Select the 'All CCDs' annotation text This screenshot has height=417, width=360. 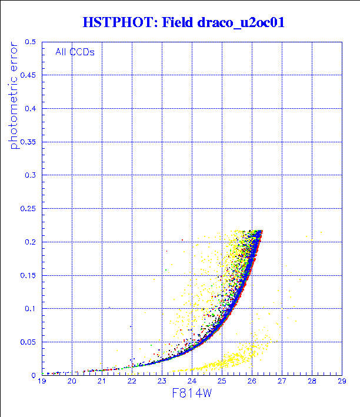[x=75, y=51]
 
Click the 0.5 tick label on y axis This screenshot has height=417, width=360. [x=31, y=42]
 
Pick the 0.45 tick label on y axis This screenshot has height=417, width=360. [x=28, y=75]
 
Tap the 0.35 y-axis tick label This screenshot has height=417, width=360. [x=28, y=142]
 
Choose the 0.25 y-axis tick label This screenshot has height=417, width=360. [x=28, y=209]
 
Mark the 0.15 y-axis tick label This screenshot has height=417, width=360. [x=28, y=275]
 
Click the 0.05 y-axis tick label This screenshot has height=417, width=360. [x=28, y=342]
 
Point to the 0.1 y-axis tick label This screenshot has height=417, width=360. [x=31, y=308]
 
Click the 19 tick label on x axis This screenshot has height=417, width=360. [x=42, y=382]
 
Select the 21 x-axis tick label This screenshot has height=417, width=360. [x=102, y=382]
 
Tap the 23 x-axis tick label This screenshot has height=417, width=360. [x=162, y=382]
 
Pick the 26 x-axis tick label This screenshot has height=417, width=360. [x=252, y=382]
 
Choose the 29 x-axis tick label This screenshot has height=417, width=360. [x=341, y=382]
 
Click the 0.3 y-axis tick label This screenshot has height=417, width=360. [x=31, y=175]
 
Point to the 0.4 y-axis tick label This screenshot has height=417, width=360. [x=31, y=109]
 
